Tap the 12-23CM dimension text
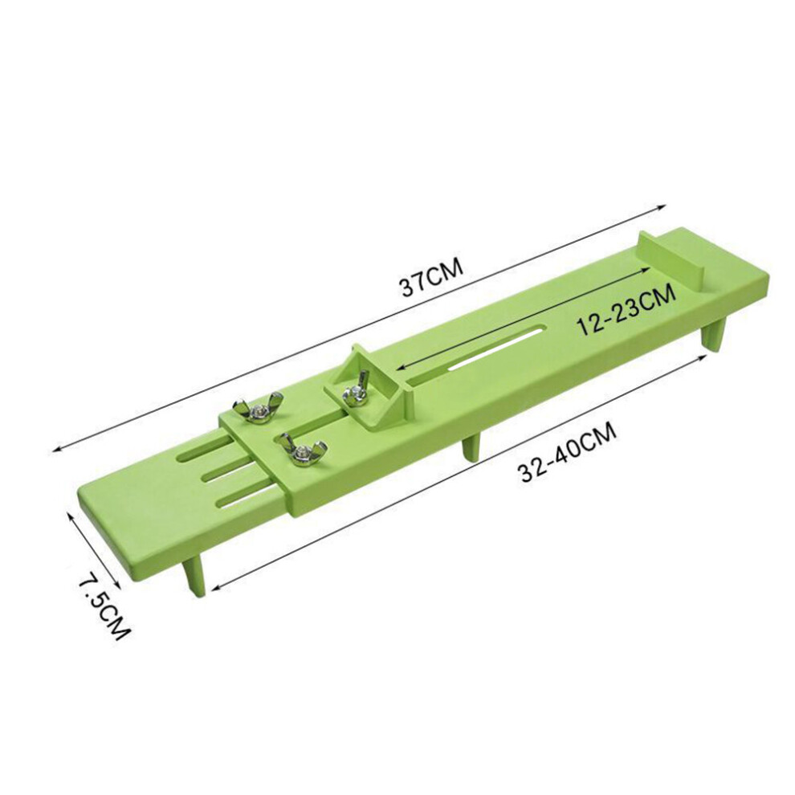(x=627, y=309)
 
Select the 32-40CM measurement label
(x=566, y=453)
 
